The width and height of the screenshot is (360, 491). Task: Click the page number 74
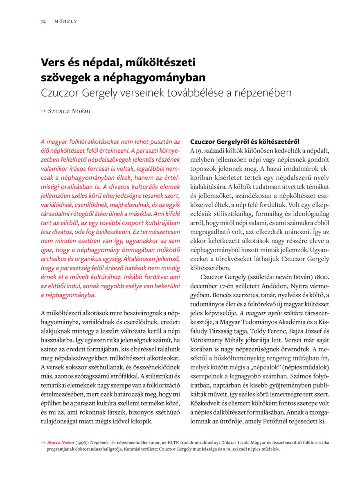(43, 21)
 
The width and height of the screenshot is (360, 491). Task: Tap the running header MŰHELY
(66, 21)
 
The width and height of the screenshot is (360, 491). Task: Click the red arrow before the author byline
(43, 111)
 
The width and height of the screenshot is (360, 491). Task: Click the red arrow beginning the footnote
(43, 442)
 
